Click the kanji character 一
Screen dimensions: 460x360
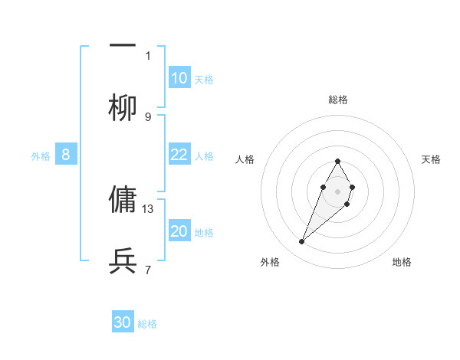pos(123,45)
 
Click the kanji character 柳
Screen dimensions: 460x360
pos(123,108)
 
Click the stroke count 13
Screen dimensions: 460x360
pos(149,208)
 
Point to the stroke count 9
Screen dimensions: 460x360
pos(148,116)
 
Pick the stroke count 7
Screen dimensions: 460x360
pos(148,270)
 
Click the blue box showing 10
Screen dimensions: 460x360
pos(179,78)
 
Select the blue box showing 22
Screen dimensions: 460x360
pos(179,155)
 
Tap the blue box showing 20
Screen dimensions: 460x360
pos(179,231)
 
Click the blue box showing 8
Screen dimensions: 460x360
pos(66,155)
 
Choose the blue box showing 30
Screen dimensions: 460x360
pos(123,322)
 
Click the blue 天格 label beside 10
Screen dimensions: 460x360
pos(204,80)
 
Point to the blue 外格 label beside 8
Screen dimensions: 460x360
pos(41,156)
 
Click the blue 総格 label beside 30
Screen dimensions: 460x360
pos(147,324)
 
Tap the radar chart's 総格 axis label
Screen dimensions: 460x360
pos(338,100)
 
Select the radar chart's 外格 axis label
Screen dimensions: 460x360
pos(270,262)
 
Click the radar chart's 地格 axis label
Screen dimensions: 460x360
pos(402,262)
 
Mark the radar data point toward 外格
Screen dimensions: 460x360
pos(301,242)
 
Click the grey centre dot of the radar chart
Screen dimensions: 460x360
pos(337,190)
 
